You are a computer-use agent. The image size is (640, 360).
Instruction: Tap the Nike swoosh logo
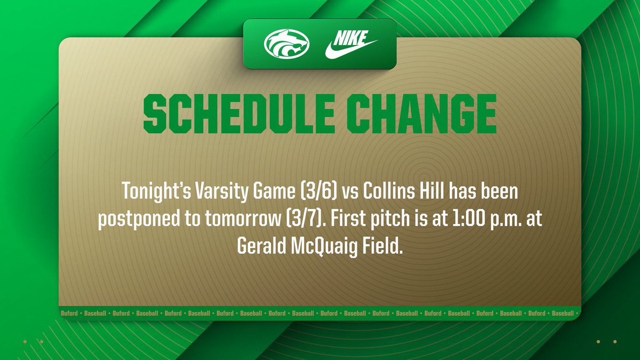pyautogui.click(x=350, y=44)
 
